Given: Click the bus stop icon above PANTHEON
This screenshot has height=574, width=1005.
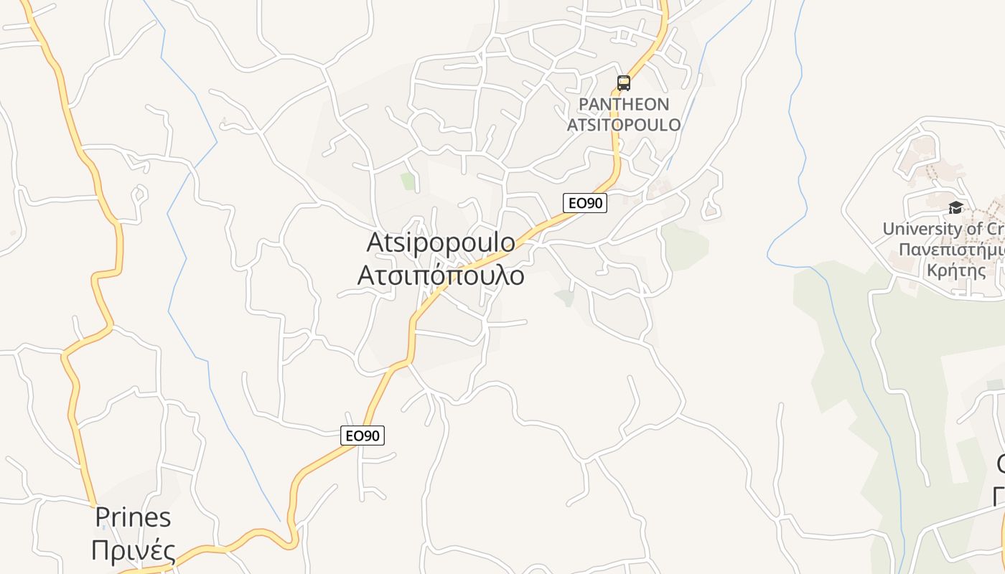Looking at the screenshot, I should [624, 83].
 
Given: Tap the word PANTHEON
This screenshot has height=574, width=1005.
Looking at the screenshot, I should [624, 105].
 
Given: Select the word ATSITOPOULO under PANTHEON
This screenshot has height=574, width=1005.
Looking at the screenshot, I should [624, 125].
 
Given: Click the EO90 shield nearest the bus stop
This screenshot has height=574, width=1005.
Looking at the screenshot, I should [585, 203].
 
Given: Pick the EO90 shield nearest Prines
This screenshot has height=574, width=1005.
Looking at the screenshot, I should [363, 436].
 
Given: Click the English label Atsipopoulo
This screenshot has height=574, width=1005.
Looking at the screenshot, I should [441, 243].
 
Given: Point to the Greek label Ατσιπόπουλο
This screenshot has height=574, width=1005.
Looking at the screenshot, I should [441, 275].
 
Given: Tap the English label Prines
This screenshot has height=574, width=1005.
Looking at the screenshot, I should [134, 517].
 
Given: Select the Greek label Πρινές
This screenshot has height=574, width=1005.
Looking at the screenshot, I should [134, 551].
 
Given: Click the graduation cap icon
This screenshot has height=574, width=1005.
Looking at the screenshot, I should [955, 208].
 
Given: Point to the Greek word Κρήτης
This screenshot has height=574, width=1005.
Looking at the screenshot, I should [956, 271].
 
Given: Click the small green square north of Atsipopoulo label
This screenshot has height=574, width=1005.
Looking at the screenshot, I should [408, 181].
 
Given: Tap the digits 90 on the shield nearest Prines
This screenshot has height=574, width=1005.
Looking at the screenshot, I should [371, 436].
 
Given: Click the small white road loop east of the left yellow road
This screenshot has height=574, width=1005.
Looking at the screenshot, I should [139, 193].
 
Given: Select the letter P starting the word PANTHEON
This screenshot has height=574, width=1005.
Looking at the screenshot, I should [584, 105].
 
